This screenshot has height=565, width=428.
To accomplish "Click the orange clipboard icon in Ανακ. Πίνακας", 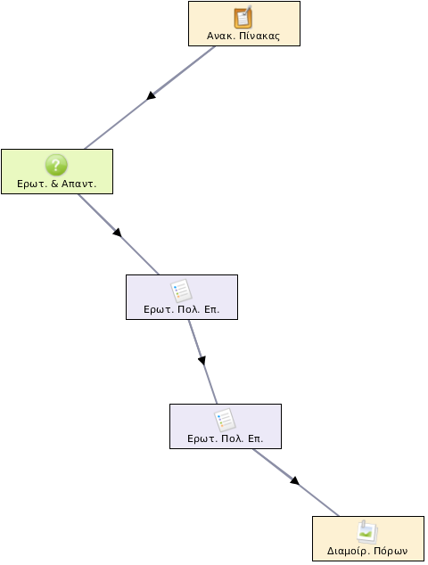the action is point(243,17).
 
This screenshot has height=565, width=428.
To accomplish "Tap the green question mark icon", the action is point(56,165).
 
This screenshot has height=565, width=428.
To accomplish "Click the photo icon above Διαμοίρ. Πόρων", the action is point(367,532).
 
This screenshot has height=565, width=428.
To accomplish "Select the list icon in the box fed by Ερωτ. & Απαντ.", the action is point(181,291).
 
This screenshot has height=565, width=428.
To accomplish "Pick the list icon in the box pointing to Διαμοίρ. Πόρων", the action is point(225,420).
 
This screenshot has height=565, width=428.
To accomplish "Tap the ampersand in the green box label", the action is point(54,184).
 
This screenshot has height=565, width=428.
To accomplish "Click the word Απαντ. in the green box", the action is point(79,184).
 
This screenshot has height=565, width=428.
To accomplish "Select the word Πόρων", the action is point(391,552).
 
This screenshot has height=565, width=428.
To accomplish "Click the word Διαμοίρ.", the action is point(349,552).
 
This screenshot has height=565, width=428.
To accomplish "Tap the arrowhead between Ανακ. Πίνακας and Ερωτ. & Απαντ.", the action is point(151,95).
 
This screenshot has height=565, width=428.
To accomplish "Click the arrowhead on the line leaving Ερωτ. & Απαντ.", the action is point(117,233).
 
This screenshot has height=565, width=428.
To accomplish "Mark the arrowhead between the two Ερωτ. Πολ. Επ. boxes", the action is point(202,360).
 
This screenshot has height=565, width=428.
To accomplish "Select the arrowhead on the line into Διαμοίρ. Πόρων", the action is point(295,481).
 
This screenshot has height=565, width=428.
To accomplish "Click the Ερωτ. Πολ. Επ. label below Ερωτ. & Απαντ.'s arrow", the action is point(181,309).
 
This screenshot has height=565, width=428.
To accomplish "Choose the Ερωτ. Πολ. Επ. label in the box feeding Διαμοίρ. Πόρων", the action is point(226,438).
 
